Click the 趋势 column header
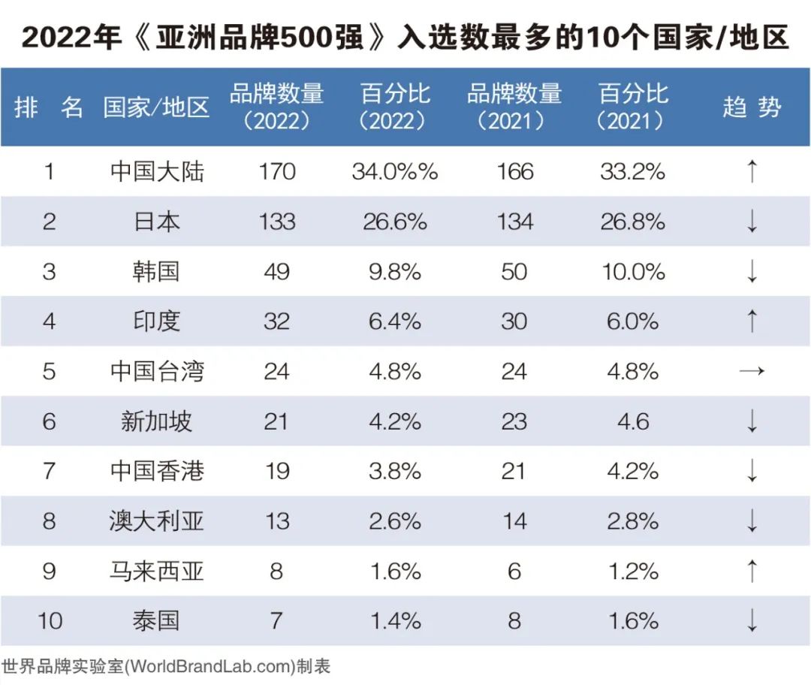[x=752, y=107]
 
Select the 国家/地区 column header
[x=156, y=107]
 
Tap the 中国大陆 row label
[x=156, y=172]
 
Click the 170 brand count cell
[x=276, y=172]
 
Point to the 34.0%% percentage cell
[x=395, y=172]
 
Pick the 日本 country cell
[x=156, y=222]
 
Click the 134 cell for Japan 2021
[x=514, y=222]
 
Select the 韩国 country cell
[x=156, y=271]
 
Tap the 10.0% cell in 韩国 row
[x=633, y=271]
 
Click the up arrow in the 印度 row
[x=752, y=321]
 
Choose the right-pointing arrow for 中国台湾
[x=752, y=371]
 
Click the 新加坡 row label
[x=156, y=421]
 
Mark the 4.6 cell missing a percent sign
[x=633, y=421]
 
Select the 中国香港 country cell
[x=156, y=471]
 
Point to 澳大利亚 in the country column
[x=156, y=521]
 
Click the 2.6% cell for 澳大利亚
[x=395, y=521]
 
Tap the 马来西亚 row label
[x=156, y=571]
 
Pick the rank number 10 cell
[x=50, y=621]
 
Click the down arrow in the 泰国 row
[x=752, y=621]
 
